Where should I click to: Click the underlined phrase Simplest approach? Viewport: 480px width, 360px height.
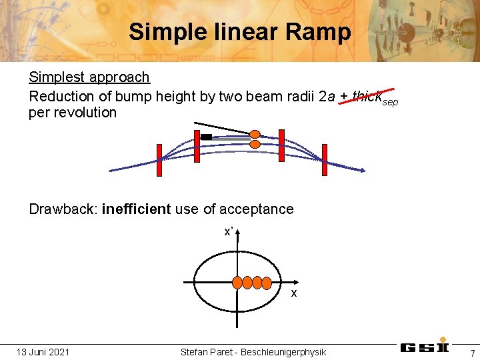[x=89, y=77]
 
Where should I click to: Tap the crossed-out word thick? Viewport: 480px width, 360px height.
[x=365, y=96]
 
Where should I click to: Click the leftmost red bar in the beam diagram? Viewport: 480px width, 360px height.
[x=159, y=160]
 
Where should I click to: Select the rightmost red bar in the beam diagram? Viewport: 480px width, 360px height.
[x=325, y=160]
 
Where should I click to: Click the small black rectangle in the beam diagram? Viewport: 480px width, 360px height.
[x=207, y=137]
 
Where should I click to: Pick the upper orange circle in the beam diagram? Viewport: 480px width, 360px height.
[x=255, y=134]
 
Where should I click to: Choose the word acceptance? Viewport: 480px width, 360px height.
[x=257, y=209]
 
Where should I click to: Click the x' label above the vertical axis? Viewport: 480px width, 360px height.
[x=228, y=232]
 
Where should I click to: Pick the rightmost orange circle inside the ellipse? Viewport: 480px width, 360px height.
[x=267, y=282]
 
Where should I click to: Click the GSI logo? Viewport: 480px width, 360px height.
[x=425, y=347]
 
